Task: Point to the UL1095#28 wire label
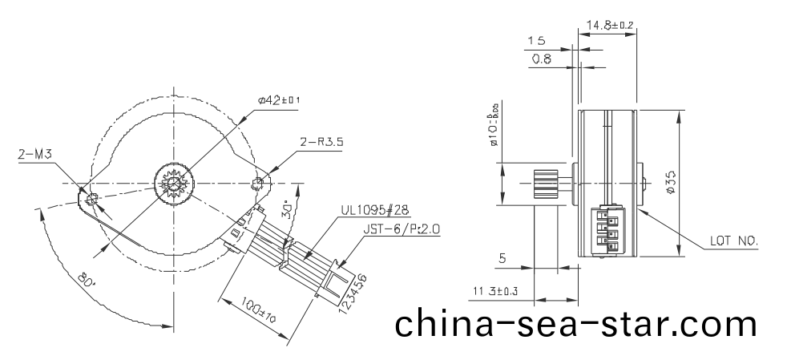coord(374,210)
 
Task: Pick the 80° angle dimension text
coord(87,281)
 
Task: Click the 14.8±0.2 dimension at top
coord(610,26)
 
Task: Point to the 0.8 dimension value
coord(542,59)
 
